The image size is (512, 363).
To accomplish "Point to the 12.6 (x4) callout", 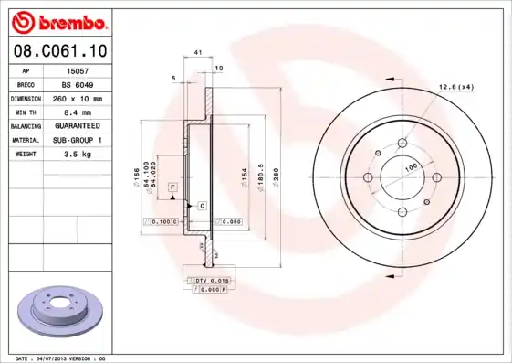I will [457, 87].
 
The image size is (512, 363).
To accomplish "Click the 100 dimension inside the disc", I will [411, 166].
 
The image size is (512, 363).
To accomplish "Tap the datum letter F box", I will [172, 187].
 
